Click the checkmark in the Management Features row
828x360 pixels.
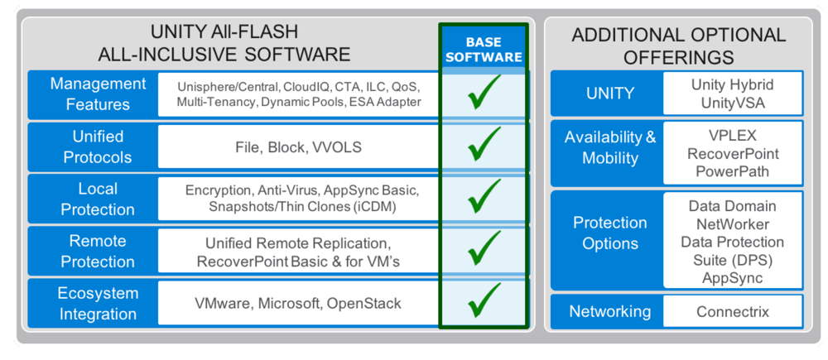click(x=483, y=93)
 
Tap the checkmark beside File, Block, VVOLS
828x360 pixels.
click(x=483, y=144)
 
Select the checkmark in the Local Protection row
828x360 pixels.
click(x=483, y=196)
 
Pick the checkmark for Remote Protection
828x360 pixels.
click(x=483, y=248)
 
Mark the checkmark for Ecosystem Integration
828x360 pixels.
click(x=483, y=300)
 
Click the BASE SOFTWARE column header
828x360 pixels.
click(x=484, y=50)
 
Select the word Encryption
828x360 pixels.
click(x=218, y=190)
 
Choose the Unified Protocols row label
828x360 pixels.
click(x=98, y=146)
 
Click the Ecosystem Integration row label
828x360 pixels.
click(x=98, y=304)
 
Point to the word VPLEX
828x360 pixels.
click(x=733, y=136)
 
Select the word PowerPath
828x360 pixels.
click(x=733, y=171)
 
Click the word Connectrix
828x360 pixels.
click(x=733, y=311)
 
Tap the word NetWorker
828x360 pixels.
click(x=733, y=224)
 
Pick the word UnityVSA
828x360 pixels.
click(x=733, y=103)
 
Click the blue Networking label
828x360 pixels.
click(x=610, y=311)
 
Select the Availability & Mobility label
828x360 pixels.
click(x=610, y=147)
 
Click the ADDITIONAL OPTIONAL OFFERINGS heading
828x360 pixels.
click(x=679, y=46)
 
